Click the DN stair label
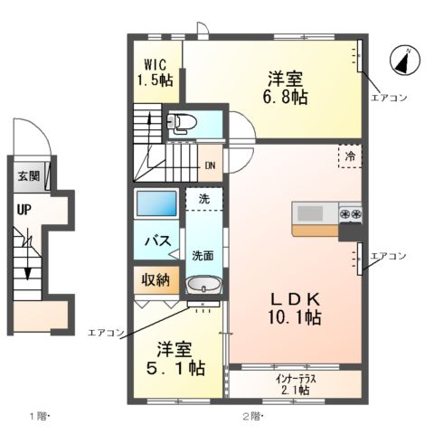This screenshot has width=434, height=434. tap(210, 165)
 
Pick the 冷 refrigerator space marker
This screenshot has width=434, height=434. tap(349, 156)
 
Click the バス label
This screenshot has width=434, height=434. tap(159, 241)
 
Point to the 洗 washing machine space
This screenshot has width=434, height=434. tap(204, 197)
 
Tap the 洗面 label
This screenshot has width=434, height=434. tap(203, 256)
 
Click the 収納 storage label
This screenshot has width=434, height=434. tap(155, 279)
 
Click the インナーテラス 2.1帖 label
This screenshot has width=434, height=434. tap(297, 384)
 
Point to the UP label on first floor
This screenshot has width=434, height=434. tap(22, 210)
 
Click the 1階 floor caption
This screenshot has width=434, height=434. tap(38, 417)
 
